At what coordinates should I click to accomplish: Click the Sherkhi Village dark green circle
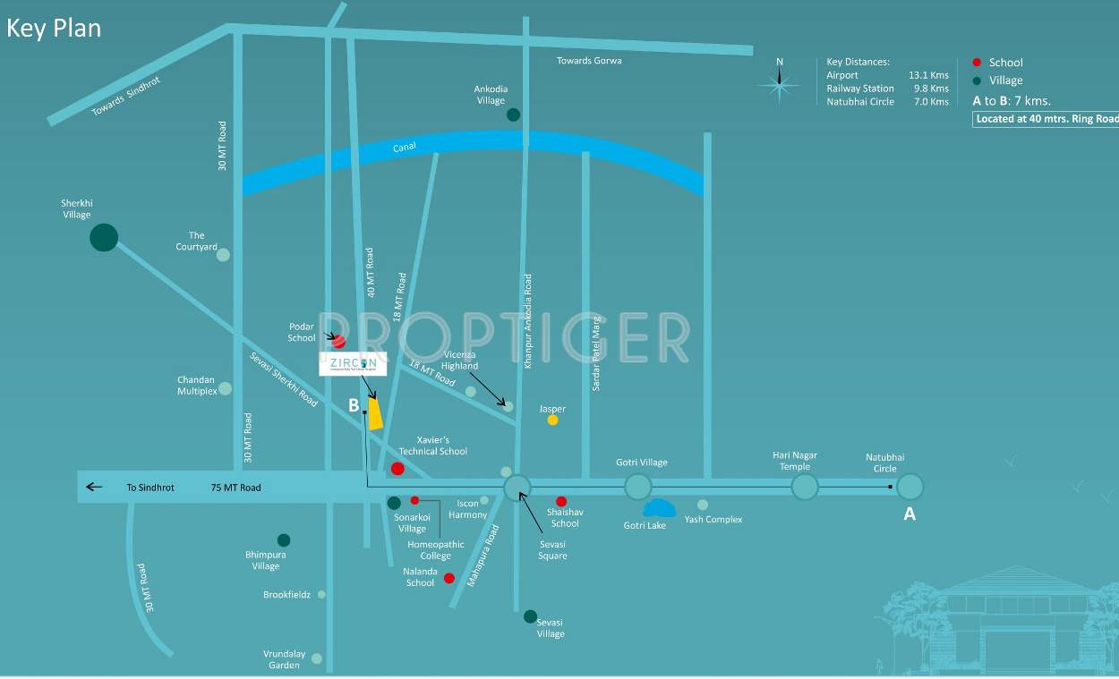click(x=104, y=237)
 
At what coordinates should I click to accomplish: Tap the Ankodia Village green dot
click(x=513, y=115)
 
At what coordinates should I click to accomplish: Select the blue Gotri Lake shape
click(x=660, y=509)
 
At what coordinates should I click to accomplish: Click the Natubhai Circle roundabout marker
click(x=910, y=487)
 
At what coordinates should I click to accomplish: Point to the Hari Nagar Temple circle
click(x=805, y=487)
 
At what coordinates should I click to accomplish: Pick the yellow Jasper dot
click(x=552, y=420)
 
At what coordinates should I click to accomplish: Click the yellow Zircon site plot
click(x=376, y=413)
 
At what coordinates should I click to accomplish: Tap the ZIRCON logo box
click(x=353, y=364)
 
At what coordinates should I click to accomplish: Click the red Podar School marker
click(x=338, y=341)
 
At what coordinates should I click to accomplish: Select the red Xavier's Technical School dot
click(x=397, y=469)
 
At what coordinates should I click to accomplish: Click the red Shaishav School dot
click(x=561, y=501)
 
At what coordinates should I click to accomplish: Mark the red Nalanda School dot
click(x=449, y=578)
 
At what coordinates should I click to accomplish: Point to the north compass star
click(x=779, y=84)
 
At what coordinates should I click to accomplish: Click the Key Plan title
click(x=54, y=28)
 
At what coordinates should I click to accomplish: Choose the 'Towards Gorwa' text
click(x=589, y=61)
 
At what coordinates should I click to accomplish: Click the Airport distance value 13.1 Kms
click(x=928, y=75)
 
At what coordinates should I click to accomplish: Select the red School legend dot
click(x=977, y=62)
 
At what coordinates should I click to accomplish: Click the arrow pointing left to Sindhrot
click(x=94, y=488)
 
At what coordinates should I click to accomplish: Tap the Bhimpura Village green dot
click(x=284, y=539)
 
